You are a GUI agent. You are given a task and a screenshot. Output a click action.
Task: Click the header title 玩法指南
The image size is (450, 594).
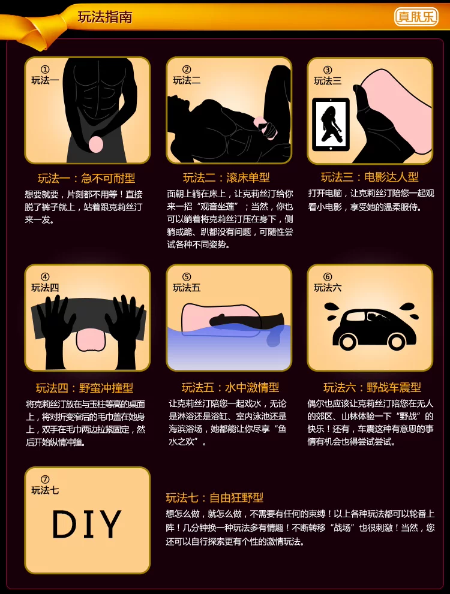pyautogui.click(x=105, y=17)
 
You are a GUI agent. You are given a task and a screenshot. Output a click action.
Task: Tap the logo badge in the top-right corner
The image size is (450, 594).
pyautogui.click(x=416, y=17)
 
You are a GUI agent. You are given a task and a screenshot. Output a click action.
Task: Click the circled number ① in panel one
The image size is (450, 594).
pyautogui.click(x=45, y=70)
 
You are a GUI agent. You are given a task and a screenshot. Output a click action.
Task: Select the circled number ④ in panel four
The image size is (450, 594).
pyautogui.click(x=45, y=276)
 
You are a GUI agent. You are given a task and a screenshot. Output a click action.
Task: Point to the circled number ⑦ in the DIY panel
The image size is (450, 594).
pyautogui.click(x=45, y=479)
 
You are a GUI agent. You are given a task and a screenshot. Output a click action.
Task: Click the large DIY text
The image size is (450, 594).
pyautogui.click(x=87, y=524)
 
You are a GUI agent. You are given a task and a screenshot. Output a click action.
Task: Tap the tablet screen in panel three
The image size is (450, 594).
pyautogui.click(x=331, y=124)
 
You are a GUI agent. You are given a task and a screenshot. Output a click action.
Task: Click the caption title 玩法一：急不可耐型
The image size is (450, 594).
pyautogui.click(x=86, y=178)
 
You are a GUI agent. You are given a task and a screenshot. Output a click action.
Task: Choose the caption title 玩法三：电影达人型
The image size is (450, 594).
pyautogui.click(x=370, y=177)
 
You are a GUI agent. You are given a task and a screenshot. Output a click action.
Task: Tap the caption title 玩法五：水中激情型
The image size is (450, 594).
pyautogui.click(x=230, y=387)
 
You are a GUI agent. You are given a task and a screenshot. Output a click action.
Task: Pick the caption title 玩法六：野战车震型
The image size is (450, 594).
pyautogui.click(x=372, y=387)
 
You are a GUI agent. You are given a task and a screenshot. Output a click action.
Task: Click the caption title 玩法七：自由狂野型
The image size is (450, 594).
pyautogui.click(x=215, y=497)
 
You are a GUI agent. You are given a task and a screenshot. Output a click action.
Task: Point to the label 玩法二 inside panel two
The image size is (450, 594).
pyautogui.click(x=187, y=80)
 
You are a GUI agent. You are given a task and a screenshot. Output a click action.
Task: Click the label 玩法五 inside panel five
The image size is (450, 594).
pyautogui.click(x=187, y=288)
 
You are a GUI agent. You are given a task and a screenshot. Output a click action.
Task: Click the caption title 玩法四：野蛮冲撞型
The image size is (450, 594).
pyautogui.click(x=85, y=388)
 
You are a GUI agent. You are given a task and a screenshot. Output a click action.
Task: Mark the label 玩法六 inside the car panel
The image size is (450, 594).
pyautogui.click(x=328, y=288)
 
